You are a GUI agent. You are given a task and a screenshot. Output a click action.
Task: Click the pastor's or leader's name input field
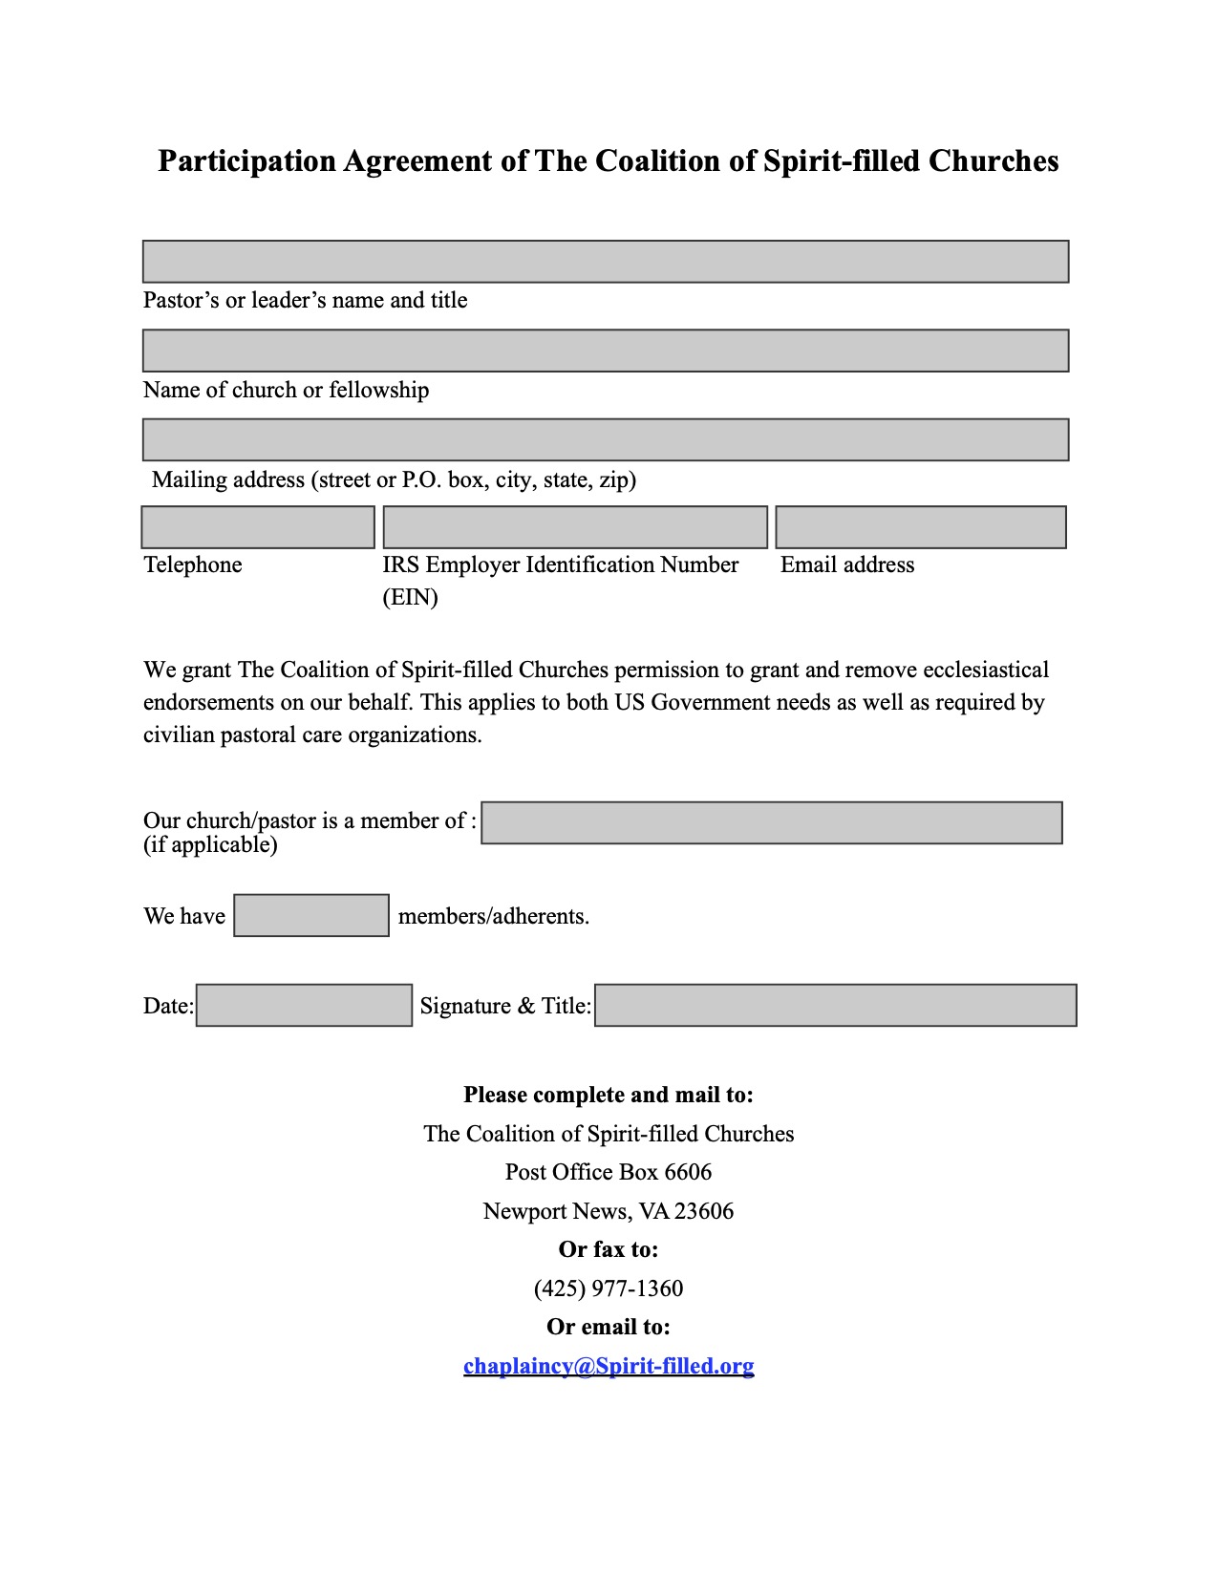pos(606,262)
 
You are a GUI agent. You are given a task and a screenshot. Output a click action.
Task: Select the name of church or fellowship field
pos(606,351)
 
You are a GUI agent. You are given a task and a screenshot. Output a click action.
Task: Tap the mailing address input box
pos(606,439)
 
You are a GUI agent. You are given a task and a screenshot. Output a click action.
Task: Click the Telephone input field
pos(258,527)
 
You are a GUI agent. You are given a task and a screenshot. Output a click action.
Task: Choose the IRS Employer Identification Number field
pos(575,527)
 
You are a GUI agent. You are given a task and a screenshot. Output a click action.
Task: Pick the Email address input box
pos(921,527)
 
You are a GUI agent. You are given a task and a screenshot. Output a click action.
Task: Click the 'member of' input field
pos(772,822)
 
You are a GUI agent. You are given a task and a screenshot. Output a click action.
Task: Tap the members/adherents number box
pos(311,915)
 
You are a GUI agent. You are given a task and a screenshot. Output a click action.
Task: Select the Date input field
pos(304,1005)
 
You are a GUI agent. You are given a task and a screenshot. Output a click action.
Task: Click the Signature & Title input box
pos(836,1005)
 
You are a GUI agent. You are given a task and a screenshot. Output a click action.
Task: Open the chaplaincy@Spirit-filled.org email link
pos(609,1366)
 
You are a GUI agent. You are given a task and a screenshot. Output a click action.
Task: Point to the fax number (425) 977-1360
pos(609,1288)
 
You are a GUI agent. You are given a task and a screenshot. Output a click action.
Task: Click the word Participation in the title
pos(246,160)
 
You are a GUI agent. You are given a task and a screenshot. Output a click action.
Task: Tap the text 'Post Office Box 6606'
pos(609,1172)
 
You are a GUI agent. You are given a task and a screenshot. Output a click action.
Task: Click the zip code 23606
pos(704,1211)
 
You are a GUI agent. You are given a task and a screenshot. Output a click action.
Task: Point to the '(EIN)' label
pos(410,597)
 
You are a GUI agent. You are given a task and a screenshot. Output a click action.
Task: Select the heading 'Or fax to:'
pos(609,1249)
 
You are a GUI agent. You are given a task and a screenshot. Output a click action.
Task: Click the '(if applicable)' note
pos(210,844)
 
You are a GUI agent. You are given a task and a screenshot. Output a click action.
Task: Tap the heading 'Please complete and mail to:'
pos(609,1095)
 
